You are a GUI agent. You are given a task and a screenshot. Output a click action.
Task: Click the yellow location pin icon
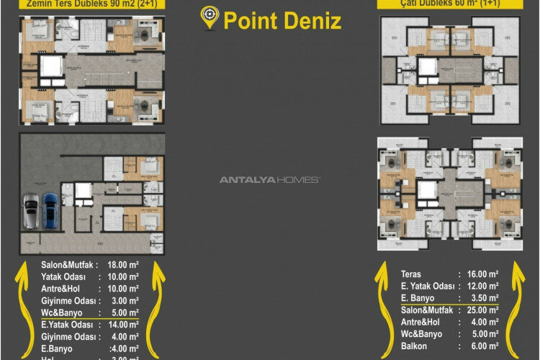[x=210, y=18]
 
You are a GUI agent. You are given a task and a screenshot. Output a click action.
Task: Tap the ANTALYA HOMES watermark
[x=270, y=179]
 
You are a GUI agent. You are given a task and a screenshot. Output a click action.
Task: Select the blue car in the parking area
[x=50, y=210]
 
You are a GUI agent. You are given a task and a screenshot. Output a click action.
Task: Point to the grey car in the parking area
[x=32, y=211]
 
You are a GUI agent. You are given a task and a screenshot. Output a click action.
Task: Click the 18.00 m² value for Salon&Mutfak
[x=122, y=264]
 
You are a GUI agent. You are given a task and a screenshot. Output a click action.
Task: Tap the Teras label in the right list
[x=412, y=274]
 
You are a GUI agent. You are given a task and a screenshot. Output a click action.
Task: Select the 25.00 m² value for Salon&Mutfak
[x=482, y=310]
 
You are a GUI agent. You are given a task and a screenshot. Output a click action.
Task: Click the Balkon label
[x=415, y=345]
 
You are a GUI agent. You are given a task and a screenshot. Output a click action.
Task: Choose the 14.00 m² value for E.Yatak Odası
[x=122, y=325]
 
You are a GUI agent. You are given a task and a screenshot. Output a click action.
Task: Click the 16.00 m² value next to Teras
[x=482, y=274]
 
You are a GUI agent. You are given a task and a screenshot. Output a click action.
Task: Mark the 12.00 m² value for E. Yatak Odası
[x=482, y=286]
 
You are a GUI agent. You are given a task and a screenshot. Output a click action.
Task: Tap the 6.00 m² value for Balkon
[x=485, y=345]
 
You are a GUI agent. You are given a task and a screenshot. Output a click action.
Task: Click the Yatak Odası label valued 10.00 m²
[x=63, y=276]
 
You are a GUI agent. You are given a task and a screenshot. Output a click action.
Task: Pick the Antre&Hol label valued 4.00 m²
[x=423, y=321]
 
